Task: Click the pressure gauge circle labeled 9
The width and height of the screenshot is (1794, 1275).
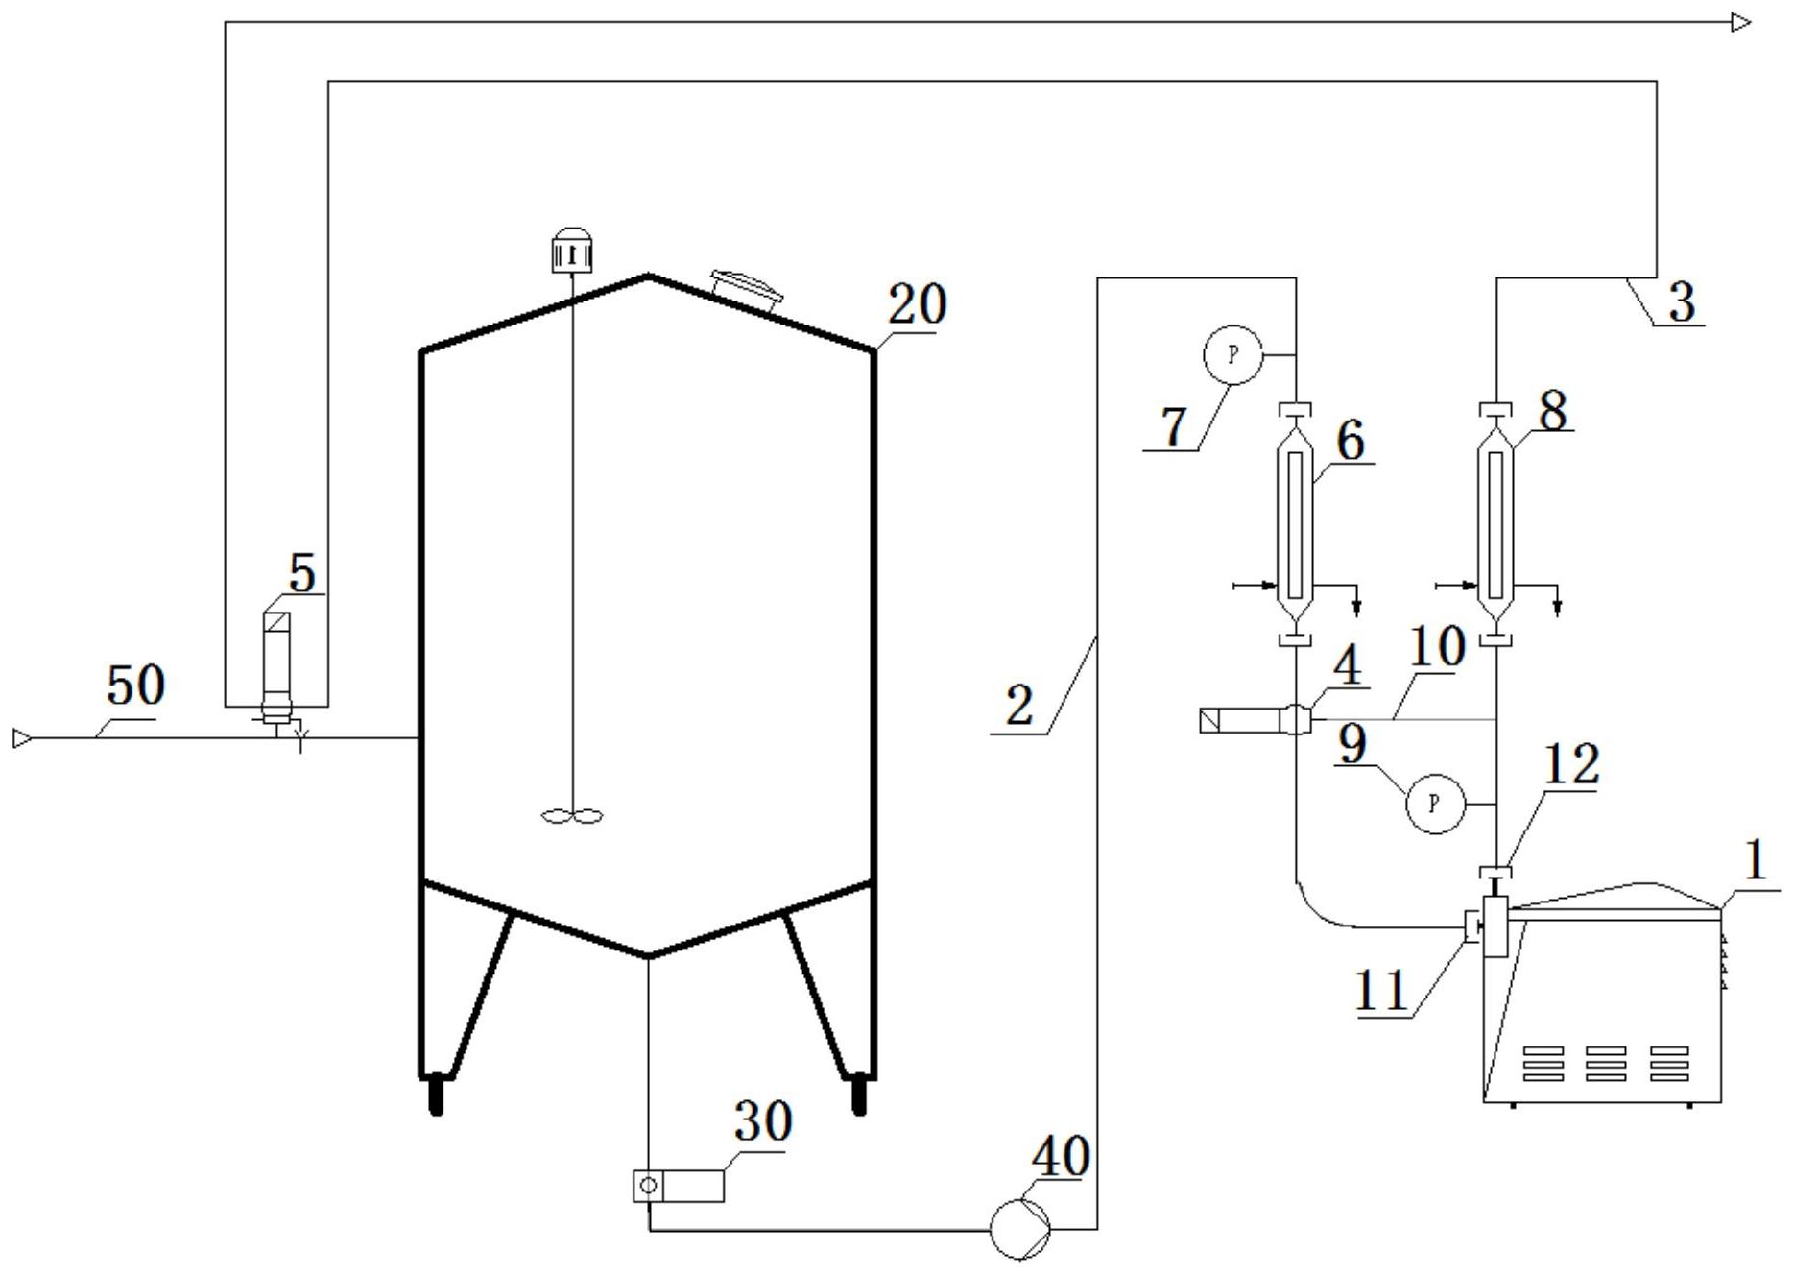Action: (x=1435, y=803)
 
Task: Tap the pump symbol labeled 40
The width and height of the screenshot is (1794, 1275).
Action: (x=1020, y=1228)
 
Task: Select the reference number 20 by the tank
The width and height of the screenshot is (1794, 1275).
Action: (x=917, y=305)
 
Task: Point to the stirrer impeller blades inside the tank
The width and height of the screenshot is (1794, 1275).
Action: (x=572, y=817)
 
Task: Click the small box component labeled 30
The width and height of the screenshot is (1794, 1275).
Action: (x=679, y=1186)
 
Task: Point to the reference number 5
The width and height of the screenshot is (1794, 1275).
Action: (x=301, y=573)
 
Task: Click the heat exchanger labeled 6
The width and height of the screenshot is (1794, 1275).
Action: (x=1296, y=524)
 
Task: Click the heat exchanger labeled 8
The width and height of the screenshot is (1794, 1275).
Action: (x=1495, y=524)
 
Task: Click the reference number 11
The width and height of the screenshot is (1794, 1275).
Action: (x=1381, y=990)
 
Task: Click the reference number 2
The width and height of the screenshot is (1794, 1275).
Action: (x=1019, y=706)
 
